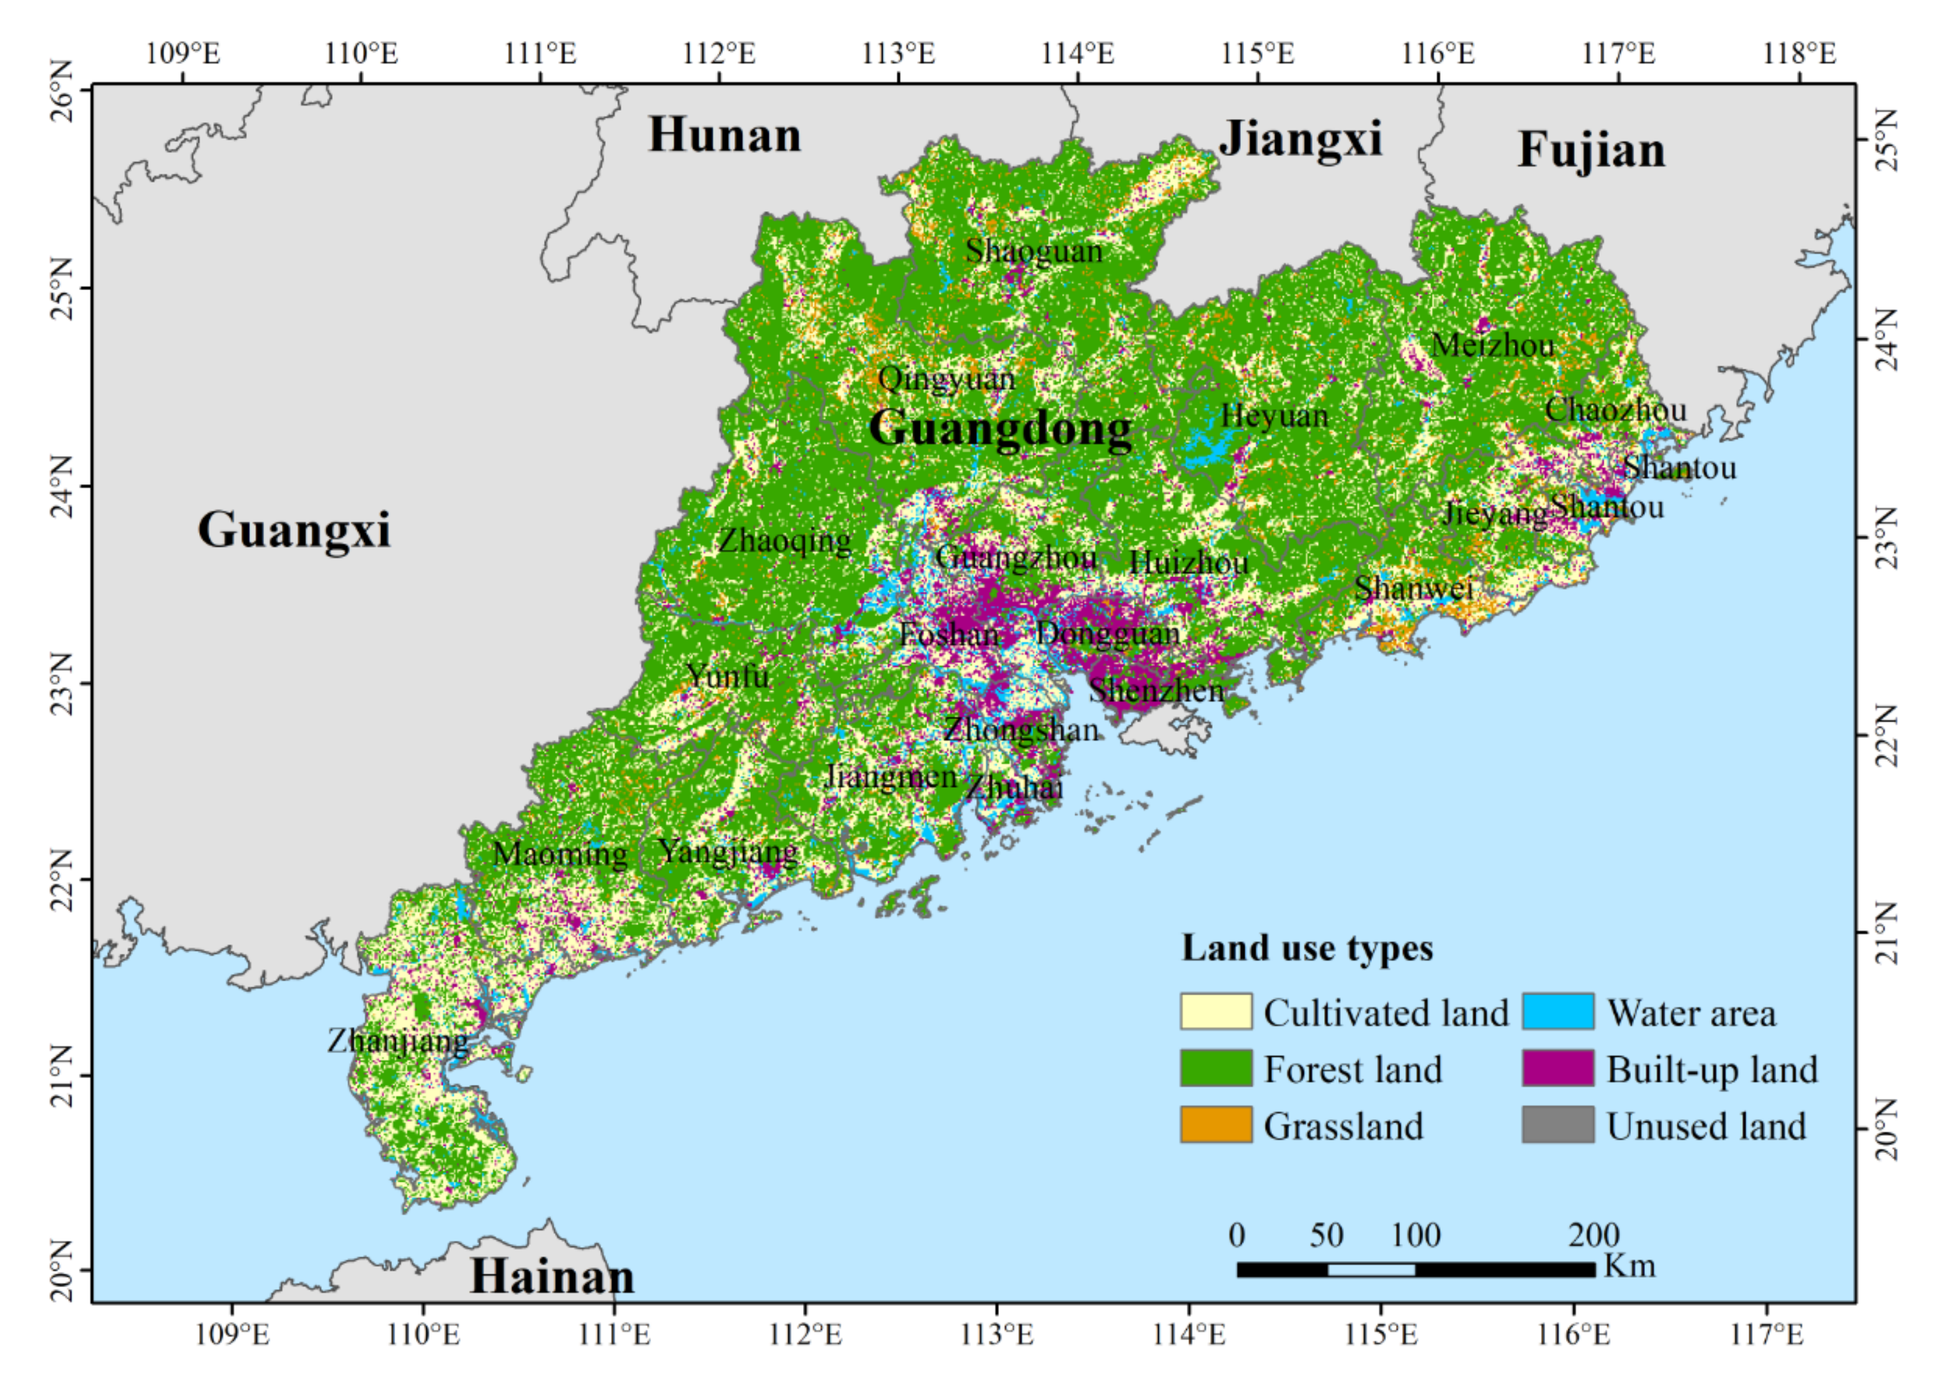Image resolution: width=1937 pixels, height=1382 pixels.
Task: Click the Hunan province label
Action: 724,136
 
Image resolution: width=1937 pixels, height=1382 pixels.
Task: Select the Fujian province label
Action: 1591,151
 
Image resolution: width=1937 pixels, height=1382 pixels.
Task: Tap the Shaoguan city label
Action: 1033,251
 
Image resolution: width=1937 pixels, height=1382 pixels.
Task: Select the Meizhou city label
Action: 1492,345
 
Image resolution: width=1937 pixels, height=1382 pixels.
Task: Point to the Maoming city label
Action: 559,853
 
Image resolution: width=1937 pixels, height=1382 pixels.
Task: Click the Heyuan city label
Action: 1273,416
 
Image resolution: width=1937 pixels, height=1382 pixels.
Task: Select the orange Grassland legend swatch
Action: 1215,1124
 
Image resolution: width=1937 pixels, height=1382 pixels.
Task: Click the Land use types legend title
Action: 1306,948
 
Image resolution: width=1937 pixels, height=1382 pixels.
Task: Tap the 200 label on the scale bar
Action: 1593,1235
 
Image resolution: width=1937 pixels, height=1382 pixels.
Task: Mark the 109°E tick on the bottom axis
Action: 232,1334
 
